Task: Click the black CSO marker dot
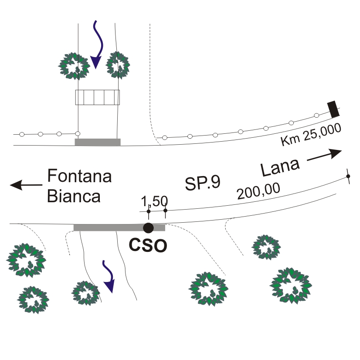coord(148,228)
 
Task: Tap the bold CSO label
coord(148,245)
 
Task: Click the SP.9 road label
coord(203,183)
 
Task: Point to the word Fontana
coord(79,176)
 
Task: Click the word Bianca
coord(74,196)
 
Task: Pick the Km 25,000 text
coord(311,134)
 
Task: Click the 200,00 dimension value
coord(258,191)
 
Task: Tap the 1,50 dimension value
coord(154,201)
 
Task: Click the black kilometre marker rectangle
coord(333,109)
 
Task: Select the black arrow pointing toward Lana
coord(324,155)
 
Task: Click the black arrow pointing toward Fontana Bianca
coord(26,185)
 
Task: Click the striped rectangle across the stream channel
coord(98,97)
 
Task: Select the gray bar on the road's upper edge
coord(98,142)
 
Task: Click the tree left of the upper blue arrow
coord(74,66)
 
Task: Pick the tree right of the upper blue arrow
coord(118,65)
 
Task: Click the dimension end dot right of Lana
coord(348,176)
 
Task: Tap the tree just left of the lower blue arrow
coord(85,293)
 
